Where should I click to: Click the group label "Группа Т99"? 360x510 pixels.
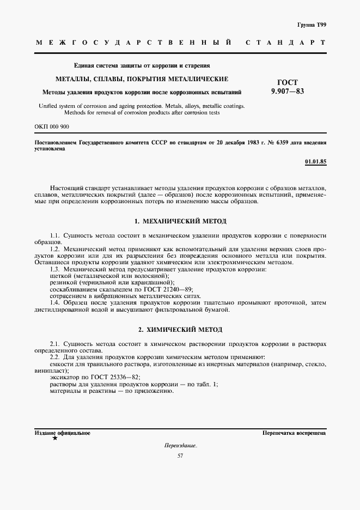pyautogui.click(x=312, y=25)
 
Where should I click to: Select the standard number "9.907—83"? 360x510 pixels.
pyautogui.click(x=288, y=92)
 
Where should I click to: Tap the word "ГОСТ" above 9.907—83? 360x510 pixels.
pyautogui.click(x=288, y=82)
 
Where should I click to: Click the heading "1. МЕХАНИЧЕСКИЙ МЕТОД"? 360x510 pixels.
pyautogui.click(x=180, y=221)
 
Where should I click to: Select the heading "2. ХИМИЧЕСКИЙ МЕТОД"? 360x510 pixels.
pyautogui.click(x=180, y=330)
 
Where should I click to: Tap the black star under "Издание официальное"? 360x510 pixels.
pyautogui.click(x=54, y=438)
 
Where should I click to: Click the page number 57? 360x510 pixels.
pyautogui.click(x=180, y=456)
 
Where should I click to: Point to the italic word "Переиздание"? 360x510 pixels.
pyautogui.click(x=180, y=445)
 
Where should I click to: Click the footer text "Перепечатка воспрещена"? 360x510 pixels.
pyautogui.click(x=294, y=433)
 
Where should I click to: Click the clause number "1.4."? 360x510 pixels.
pyautogui.click(x=56, y=302)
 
